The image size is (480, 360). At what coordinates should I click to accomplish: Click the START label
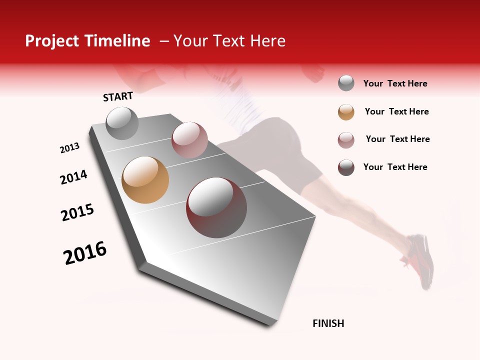(x=118, y=96)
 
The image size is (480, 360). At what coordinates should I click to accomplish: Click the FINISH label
(x=328, y=323)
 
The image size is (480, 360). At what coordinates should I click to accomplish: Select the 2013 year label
(x=69, y=148)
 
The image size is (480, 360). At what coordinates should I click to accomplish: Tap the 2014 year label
(x=73, y=177)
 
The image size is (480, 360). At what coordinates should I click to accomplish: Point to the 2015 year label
(x=77, y=212)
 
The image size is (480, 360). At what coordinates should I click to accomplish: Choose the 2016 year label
(x=85, y=253)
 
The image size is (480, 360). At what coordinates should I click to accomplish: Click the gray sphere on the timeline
(x=122, y=123)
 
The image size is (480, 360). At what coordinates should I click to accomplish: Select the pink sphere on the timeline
(x=189, y=140)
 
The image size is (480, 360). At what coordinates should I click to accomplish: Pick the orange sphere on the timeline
(x=145, y=180)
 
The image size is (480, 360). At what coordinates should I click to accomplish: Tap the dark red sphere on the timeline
(x=216, y=207)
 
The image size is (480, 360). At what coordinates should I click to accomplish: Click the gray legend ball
(x=346, y=83)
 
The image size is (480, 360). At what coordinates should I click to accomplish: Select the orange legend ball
(x=346, y=112)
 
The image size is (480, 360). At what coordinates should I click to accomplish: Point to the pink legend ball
(x=346, y=140)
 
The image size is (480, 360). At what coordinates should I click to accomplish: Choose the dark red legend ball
(x=346, y=167)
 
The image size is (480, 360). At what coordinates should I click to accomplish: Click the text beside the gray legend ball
(x=395, y=83)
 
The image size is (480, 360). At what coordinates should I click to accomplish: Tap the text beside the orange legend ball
(x=396, y=111)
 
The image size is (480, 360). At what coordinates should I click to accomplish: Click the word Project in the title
(x=51, y=41)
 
